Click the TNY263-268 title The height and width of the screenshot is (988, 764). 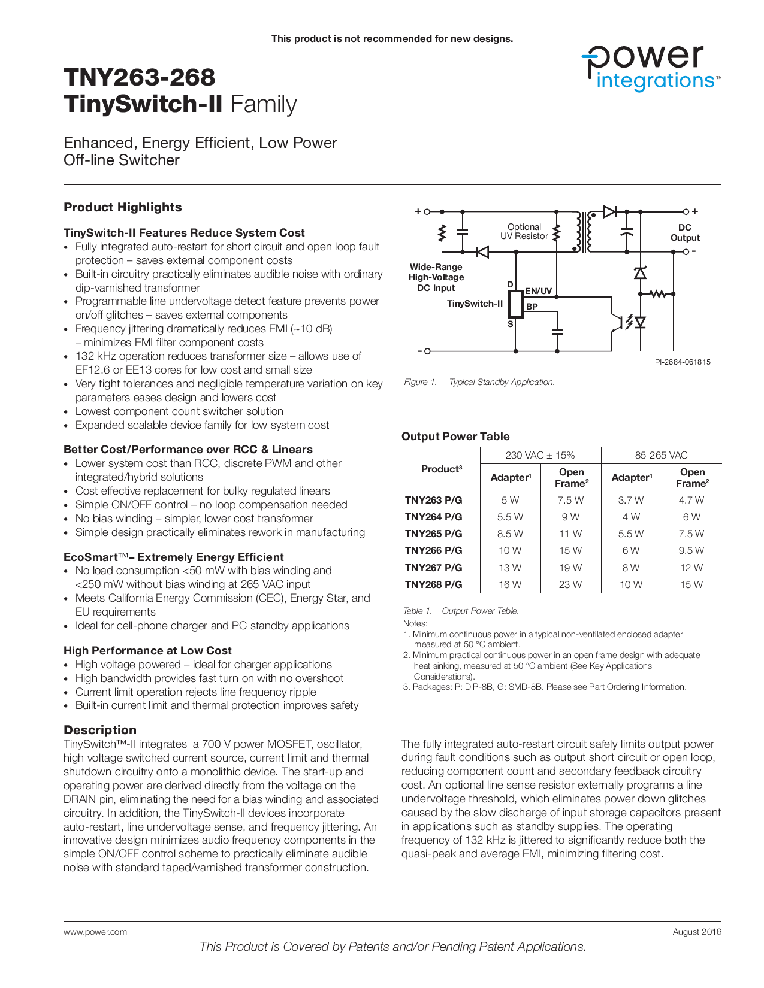click(139, 77)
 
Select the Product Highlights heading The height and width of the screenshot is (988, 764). click(122, 207)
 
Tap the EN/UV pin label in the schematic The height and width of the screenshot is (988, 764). click(538, 291)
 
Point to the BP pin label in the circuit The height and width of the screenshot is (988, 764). click(532, 306)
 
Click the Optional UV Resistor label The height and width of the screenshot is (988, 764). click(524, 231)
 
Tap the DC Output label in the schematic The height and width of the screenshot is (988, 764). click(685, 232)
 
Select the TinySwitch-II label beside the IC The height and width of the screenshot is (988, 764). click(475, 304)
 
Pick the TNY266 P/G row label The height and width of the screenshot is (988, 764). click(433, 550)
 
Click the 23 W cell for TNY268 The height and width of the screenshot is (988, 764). click(570, 584)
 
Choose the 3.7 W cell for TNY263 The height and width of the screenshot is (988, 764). click(630, 500)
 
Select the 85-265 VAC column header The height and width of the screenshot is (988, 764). click(661, 455)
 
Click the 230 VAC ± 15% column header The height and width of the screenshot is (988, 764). click(540, 455)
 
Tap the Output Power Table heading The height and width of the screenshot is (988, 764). click(455, 436)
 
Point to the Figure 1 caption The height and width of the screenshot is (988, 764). click(479, 382)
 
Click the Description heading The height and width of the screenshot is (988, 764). click(100, 729)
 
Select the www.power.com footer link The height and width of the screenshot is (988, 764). click(95, 932)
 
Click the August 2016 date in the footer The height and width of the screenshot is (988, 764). click(697, 932)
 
